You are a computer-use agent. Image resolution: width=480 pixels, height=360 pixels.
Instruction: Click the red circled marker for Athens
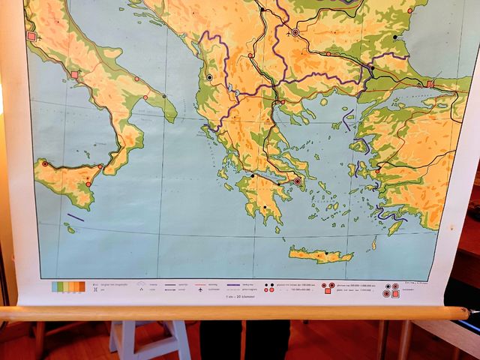coord(297,181)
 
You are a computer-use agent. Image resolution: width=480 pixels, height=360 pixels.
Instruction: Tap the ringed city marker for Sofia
coord(295,33)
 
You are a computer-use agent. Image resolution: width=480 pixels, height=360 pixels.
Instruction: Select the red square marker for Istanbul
coord(430,84)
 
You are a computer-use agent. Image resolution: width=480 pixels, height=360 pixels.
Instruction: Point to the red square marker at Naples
coord(74,74)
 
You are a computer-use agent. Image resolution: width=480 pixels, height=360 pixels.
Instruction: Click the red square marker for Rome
coord(31,36)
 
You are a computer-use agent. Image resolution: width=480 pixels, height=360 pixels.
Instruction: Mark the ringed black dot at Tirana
coord(209,77)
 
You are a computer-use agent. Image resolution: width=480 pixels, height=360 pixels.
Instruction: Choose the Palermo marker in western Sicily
coord(45,163)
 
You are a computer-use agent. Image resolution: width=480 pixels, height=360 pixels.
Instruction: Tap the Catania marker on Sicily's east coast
coord(88,184)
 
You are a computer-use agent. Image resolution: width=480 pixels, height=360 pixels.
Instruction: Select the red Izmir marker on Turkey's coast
coord(377,170)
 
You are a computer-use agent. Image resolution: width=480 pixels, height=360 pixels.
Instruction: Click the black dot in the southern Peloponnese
coord(265,208)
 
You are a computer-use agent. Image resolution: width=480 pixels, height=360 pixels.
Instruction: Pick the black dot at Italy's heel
coord(164,96)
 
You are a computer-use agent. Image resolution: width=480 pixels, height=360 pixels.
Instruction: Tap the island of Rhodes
coord(396,226)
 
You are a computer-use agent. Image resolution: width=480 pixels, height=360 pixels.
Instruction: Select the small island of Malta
coord(71,228)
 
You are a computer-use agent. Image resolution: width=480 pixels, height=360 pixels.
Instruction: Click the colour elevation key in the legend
coord(67,286)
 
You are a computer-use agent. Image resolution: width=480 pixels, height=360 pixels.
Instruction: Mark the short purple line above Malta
coord(75,217)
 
